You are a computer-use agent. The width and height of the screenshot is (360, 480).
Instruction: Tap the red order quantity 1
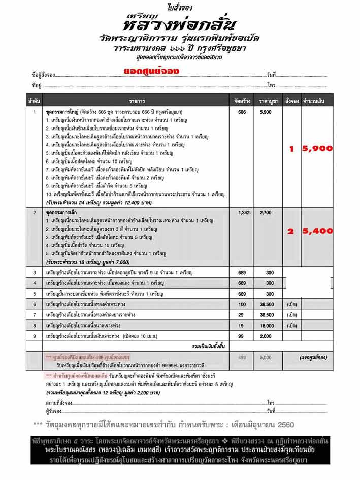pyautogui.click(x=291, y=149)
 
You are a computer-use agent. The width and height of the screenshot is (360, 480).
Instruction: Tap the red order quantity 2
pyautogui.click(x=291, y=231)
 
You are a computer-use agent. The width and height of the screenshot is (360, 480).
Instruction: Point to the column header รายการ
pyautogui.click(x=137, y=102)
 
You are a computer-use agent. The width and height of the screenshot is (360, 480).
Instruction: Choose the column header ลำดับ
pyautogui.click(x=35, y=102)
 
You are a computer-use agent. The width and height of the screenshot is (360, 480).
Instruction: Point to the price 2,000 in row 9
pyautogui.click(x=267, y=336)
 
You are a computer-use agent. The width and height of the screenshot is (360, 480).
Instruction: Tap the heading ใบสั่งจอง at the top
pyautogui.click(x=180, y=6)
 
